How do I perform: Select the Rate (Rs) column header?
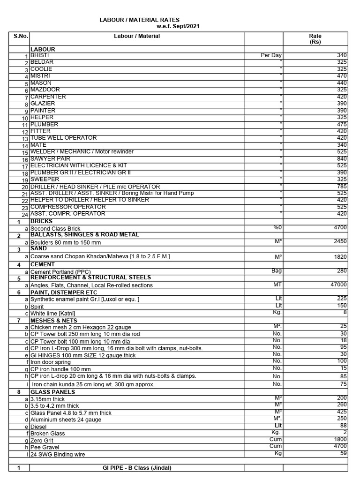(315, 39)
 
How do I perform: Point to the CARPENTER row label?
(48, 97)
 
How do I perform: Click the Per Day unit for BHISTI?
(271, 55)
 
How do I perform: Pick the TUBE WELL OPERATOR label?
(64, 138)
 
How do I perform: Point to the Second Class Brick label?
(56, 229)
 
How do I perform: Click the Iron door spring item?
(51, 361)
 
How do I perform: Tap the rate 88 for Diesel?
(343, 426)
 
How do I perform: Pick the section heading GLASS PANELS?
(52, 392)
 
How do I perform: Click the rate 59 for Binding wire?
(343, 453)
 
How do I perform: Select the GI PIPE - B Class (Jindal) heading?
(137, 468)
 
